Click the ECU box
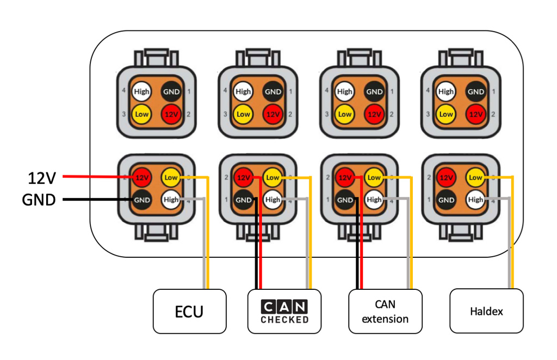[189, 311]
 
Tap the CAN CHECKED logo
[284, 312]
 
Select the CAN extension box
[385, 312]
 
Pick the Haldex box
[486, 312]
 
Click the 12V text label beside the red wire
[42, 177]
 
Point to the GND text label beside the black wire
[39, 200]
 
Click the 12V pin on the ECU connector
[142, 177]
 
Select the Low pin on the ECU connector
[171, 177]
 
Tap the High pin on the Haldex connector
[475, 200]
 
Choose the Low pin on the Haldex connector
[475, 177]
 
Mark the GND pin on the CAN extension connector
[345, 200]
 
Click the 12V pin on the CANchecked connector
[244, 177]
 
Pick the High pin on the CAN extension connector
[374, 200]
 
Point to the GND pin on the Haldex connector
[447, 200]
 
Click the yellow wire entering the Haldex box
[513, 272]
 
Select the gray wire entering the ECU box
[204, 272]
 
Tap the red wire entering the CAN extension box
[362, 272]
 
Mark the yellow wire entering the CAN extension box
[412, 272]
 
